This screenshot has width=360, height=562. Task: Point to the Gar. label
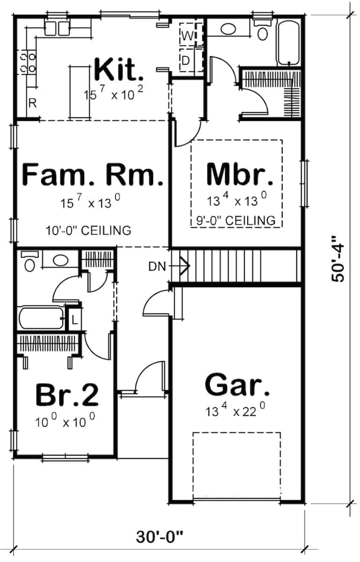pyautogui.click(x=237, y=386)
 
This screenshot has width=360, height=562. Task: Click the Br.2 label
pyautogui.click(x=67, y=395)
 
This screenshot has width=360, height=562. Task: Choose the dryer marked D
pyautogui.click(x=186, y=60)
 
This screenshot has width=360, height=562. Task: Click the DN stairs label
pyautogui.click(x=157, y=266)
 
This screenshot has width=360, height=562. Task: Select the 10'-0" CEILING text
pyautogui.click(x=88, y=230)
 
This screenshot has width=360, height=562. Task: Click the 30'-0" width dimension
pyautogui.click(x=160, y=537)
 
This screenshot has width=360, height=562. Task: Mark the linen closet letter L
pyautogui.click(x=74, y=321)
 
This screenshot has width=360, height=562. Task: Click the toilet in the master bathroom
pyautogui.click(x=263, y=32)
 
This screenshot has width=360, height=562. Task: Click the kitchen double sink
pyautogui.click(x=57, y=28)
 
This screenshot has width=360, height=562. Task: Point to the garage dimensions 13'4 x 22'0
pyautogui.click(x=236, y=412)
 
